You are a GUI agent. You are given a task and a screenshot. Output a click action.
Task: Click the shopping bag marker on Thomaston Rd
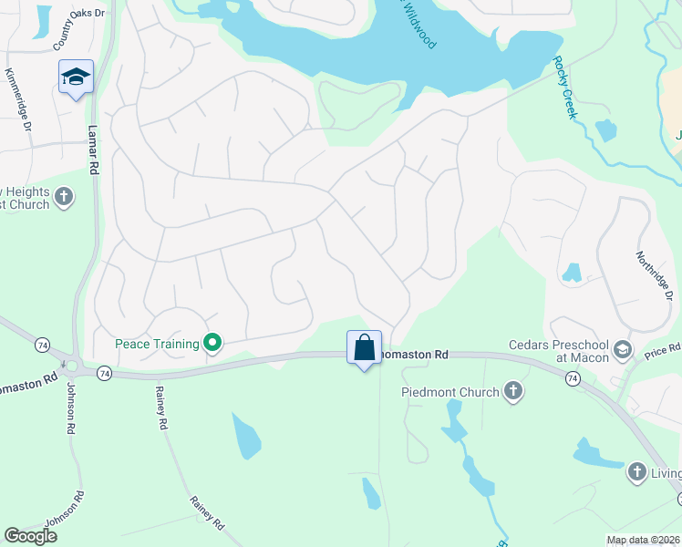tap(364, 347)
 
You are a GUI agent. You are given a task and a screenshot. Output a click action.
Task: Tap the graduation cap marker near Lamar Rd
tap(77, 77)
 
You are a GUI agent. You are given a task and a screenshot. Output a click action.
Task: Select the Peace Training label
tap(157, 344)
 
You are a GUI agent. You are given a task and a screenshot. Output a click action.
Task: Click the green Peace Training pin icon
tap(212, 344)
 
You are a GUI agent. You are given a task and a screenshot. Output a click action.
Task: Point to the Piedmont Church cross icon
tap(512, 392)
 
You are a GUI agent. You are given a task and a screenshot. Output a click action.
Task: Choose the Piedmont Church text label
tap(450, 392)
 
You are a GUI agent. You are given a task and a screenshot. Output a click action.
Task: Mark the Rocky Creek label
tap(563, 88)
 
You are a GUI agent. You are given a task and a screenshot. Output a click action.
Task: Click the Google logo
tap(30, 536)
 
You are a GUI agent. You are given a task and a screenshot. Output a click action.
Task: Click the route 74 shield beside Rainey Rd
tap(104, 373)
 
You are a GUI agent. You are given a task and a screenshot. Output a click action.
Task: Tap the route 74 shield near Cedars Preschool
tap(573, 377)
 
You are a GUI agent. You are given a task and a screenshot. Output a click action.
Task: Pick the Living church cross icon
tap(637, 472)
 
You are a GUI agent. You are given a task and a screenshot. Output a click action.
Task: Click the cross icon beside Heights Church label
tap(64, 196)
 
